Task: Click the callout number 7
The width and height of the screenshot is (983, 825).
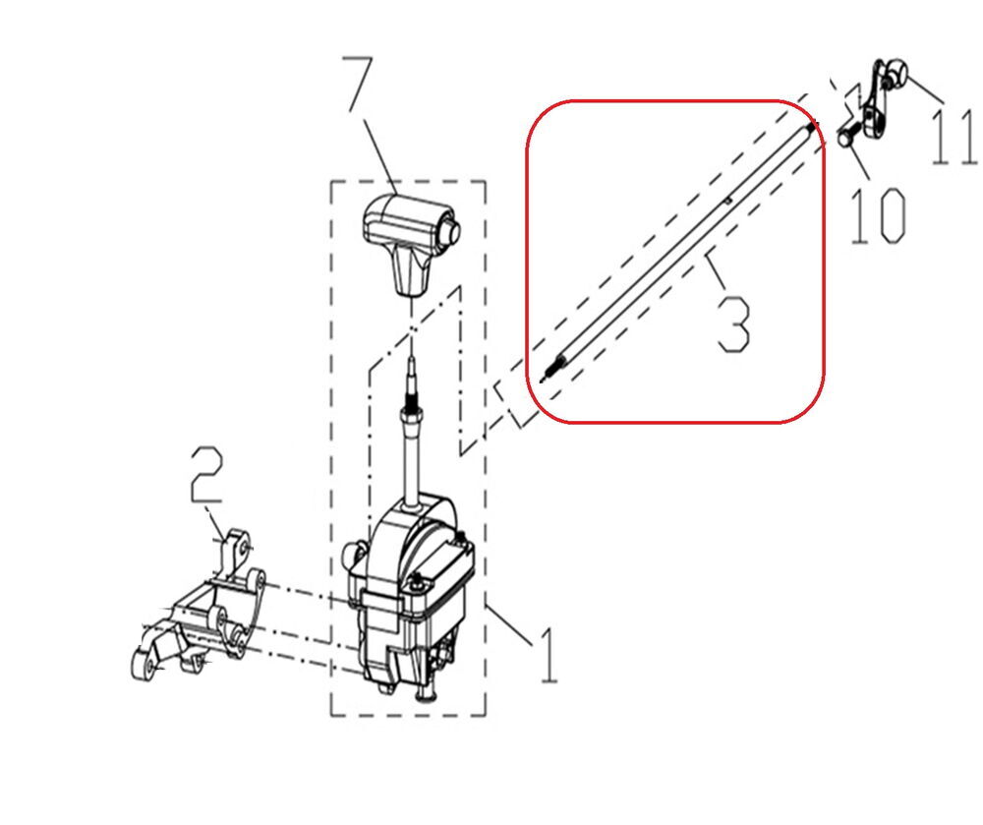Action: pos(358,85)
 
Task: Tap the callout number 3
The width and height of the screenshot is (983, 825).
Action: pos(733,324)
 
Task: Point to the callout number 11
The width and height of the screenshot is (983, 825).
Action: pos(954,138)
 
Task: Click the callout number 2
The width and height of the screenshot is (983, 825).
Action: pos(206,475)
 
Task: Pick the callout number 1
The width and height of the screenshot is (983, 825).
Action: pos(548,655)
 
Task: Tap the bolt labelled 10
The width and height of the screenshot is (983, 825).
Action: pos(848,138)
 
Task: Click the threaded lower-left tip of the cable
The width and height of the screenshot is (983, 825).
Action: pos(550,370)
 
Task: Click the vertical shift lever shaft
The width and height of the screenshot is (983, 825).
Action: pos(413,457)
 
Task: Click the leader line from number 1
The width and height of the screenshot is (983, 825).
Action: pos(508,623)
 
